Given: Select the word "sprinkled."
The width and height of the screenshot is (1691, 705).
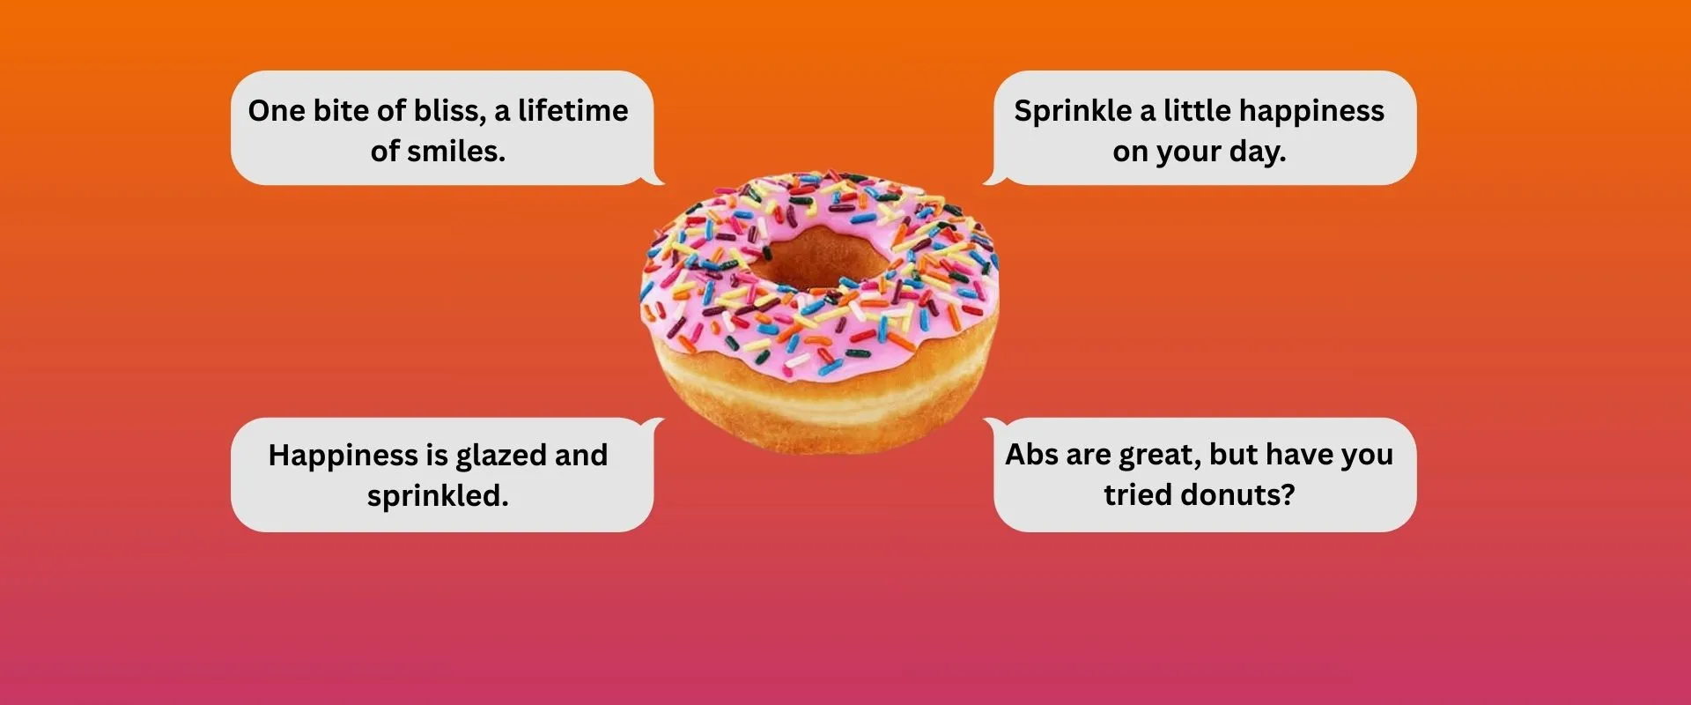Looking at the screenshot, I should (x=438, y=496).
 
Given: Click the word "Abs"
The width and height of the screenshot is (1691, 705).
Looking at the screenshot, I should (x=1031, y=455).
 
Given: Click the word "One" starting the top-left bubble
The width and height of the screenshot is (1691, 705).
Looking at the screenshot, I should (x=276, y=111).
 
